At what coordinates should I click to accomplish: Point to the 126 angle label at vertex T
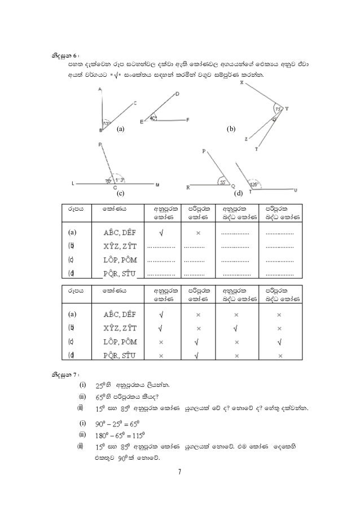pos(254,184)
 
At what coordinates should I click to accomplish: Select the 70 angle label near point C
pos(107,181)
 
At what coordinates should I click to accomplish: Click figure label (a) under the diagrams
pos(120,129)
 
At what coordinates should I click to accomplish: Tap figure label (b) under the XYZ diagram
pos(230,129)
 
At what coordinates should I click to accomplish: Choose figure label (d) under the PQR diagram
pos(238,194)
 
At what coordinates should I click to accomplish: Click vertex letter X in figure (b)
pos(242,83)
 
